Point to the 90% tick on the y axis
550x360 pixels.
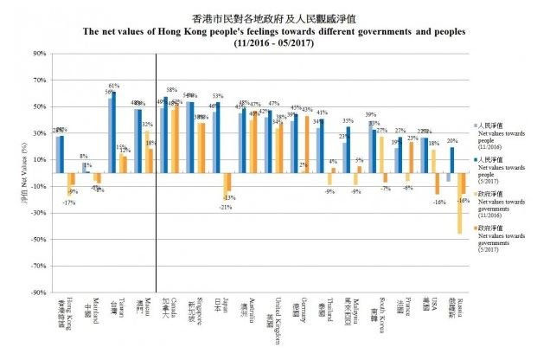[x=37, y=54]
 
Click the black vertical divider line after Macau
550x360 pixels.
[x=156, y=173]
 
